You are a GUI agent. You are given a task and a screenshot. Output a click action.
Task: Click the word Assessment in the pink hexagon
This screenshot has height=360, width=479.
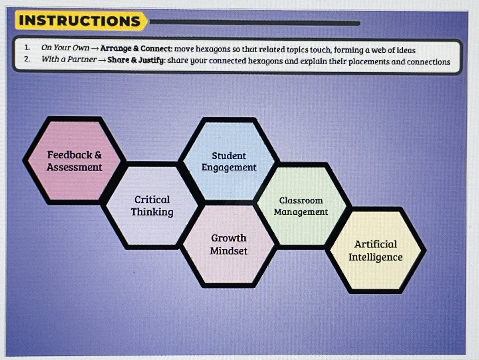tap(74, 167)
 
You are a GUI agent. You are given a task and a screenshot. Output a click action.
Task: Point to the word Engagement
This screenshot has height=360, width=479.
tap(229, 168)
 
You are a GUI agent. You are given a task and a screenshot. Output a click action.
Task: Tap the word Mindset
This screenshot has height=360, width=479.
tap(229, 251)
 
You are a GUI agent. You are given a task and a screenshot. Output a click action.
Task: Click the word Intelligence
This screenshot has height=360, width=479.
tap(375, 257)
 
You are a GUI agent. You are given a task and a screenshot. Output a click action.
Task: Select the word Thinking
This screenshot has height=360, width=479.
tap(152, 212)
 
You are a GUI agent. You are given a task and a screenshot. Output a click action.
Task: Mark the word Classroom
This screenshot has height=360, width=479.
tap(301, 200)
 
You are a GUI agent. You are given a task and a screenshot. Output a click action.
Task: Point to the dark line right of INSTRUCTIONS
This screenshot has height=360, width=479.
tap(255, 23)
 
